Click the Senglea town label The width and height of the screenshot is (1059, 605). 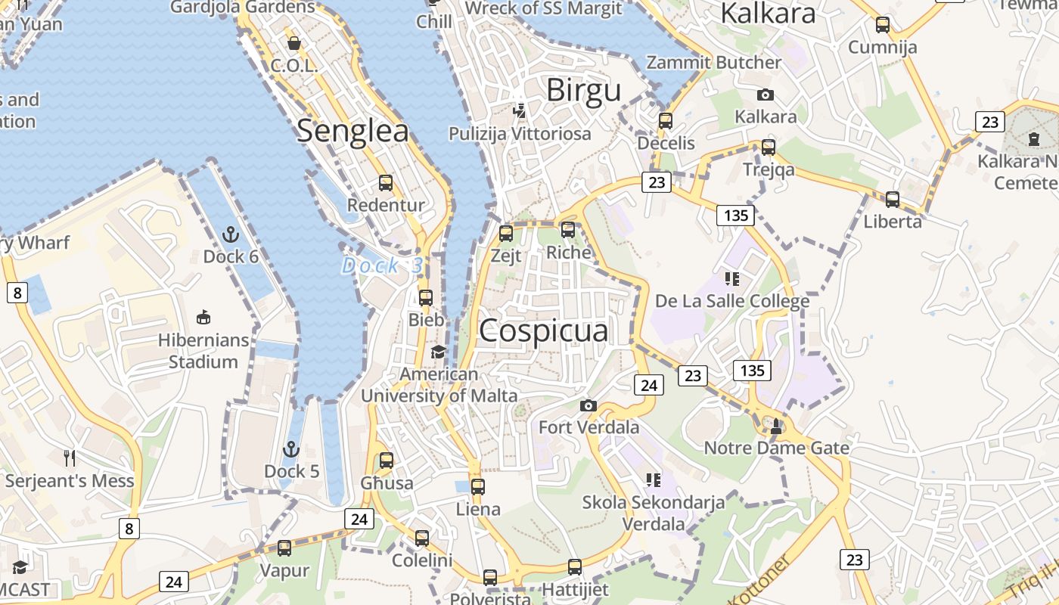352,131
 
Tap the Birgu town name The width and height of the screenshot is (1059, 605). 583,90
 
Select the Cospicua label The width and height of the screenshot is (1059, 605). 543,330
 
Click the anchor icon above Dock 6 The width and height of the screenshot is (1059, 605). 231,234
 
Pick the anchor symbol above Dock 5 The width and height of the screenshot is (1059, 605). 291,449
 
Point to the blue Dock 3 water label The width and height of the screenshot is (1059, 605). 382,265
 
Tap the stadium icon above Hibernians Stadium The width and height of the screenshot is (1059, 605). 203,317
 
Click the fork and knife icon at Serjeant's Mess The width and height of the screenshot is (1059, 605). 70,458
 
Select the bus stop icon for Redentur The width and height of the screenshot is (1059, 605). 386,183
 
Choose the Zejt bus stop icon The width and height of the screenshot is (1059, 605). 506,234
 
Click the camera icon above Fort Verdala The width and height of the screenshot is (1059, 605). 589,406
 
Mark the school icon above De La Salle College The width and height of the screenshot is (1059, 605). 731,279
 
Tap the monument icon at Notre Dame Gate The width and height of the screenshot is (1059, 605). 776,426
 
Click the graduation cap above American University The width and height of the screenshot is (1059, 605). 438,352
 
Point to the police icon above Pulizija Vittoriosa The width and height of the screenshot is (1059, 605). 519,111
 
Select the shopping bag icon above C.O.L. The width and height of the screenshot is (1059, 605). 294,43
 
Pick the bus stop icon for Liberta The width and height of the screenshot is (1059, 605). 893,200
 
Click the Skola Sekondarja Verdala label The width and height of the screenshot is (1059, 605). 654,512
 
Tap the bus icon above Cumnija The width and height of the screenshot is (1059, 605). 882,25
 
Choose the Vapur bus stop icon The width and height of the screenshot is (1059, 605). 284,548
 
